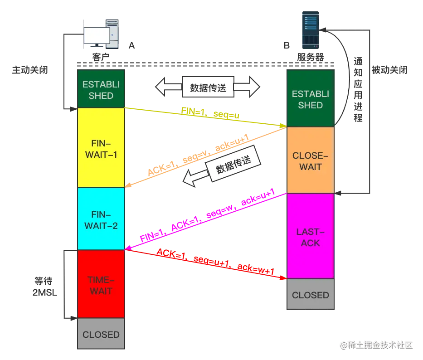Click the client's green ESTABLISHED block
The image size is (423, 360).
point(101,90)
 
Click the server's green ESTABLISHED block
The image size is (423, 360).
point(311,99)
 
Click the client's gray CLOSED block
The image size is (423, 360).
point(101,335)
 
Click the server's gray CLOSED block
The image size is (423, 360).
point(311,295)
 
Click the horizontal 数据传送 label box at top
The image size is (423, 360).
point(208,87)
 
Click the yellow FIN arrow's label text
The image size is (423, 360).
point(210,113)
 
